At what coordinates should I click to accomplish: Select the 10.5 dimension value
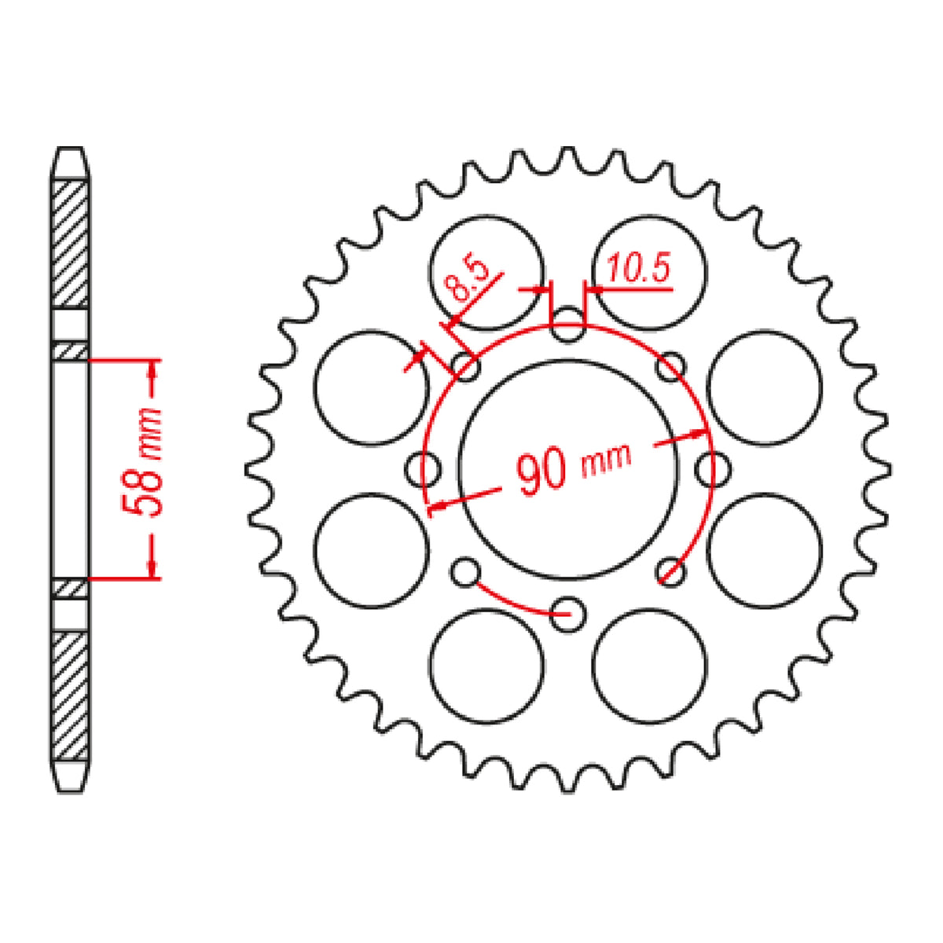(x=637, y=271)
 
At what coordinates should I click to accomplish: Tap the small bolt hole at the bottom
(x=567, y=614)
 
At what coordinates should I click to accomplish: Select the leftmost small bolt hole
(x=423, y=470)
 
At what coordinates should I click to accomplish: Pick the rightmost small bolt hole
(x=712, y=469)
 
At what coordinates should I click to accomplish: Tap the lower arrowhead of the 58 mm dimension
(x=153, y=569)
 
